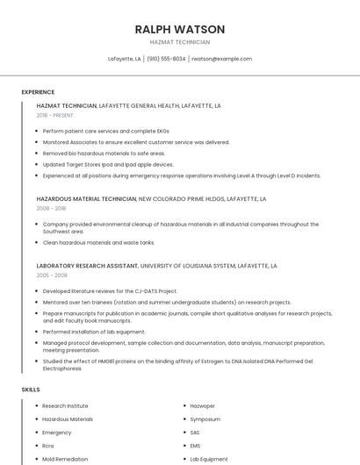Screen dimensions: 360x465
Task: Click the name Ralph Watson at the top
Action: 180,29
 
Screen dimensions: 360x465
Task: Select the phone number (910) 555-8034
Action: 166,59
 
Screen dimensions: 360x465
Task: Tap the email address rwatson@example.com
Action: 221,59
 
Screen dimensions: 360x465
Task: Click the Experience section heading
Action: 38,92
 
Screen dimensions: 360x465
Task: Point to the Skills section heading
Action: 31,389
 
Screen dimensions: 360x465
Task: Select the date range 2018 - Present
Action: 55,115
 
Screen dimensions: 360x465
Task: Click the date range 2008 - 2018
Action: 51,209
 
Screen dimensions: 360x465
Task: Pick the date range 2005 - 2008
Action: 52,275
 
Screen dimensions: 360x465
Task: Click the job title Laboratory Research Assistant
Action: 87,265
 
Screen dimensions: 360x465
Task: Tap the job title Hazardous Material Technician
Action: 86,199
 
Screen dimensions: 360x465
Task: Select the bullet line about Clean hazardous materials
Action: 98,242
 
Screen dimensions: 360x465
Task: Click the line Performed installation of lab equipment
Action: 94,332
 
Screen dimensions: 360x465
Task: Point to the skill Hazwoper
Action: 204,406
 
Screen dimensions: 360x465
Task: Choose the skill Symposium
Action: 206,419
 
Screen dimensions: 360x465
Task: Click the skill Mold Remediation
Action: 66,459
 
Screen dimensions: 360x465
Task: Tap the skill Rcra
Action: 48,446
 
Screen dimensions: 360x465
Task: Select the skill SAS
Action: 195,433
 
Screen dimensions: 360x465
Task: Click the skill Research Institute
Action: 65,406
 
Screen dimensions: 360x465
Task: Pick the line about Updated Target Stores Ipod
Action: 107,164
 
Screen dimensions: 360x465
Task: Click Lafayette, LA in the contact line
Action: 125,59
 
